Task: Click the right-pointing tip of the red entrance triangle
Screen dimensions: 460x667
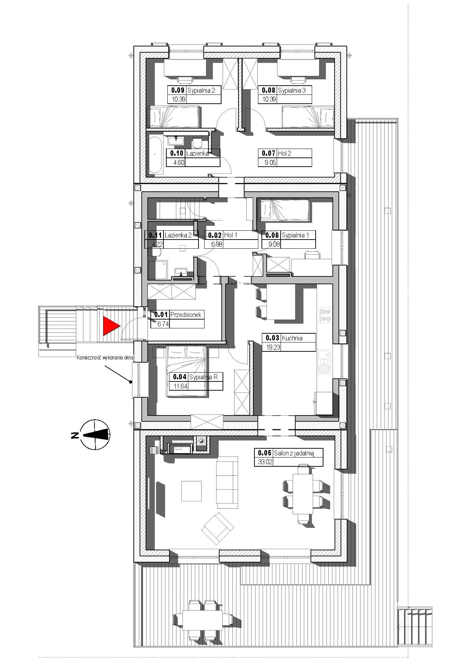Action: (x=121, y=326)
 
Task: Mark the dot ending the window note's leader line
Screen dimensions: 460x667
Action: (x=131, y=382)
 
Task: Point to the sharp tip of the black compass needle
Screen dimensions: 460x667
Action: (x=82, y=435)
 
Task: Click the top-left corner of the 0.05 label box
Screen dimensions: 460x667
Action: (x=255, y=448)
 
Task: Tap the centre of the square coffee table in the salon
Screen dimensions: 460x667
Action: (x=191, y=491)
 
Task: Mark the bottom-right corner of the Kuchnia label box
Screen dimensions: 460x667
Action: (x=316, y=351)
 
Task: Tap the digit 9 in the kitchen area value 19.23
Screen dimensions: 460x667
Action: (x=270, y=347)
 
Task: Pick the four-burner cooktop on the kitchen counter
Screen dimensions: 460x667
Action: (x=326, y=316)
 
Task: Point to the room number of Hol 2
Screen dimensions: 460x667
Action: (x=269, y=153)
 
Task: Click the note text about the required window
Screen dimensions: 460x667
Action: (x=105, y=358)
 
